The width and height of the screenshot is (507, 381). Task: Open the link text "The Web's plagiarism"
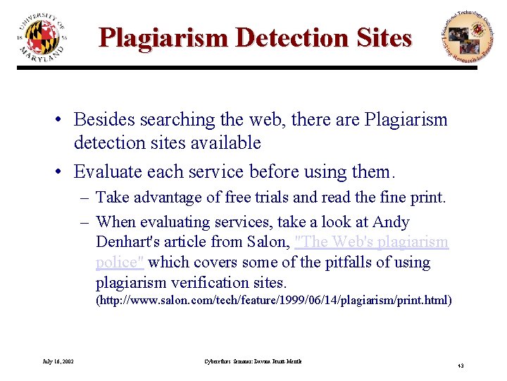[373, 242]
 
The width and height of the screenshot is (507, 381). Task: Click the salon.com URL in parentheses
[273, 301]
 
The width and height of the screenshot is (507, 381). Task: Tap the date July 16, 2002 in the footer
[58, 362]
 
